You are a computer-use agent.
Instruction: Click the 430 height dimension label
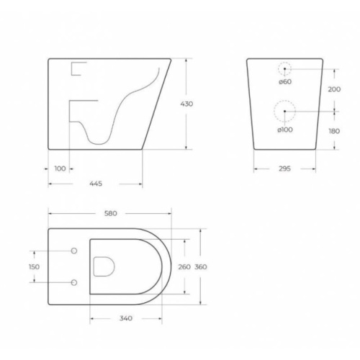pyautogui.click(x=186, y=104)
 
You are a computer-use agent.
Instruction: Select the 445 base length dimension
pyautogui.click(x=96, y=184)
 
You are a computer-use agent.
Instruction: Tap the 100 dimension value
pyautogui.click(x=60, y=168)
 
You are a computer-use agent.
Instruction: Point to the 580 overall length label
pyautogui.click(x=111, y=213)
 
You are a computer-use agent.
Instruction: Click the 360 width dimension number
pyautogui.click(x=201, y=267)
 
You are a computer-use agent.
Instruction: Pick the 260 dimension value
pyautogui.click(x=184, y=267)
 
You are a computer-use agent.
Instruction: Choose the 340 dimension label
pyautogui.click(x=126, y=318)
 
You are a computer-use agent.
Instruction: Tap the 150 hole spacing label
pyautogui.click(x=34, y=267)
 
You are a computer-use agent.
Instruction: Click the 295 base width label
pyautogui.click(x=284, y=168)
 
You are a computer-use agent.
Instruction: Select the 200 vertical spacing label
pyautogui.click(x=334, y=89)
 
